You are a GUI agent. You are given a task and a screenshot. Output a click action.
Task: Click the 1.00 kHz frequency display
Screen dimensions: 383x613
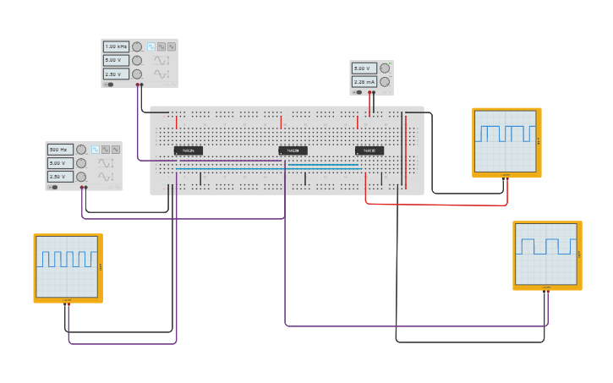[116, 47]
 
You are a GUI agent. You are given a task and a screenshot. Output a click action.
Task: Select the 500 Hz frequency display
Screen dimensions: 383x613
[60, 150]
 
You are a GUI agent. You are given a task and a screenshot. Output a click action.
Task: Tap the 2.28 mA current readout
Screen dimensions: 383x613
[364, 82]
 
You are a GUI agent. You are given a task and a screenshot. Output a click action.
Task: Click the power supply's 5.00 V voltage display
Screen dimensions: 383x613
[364, 68]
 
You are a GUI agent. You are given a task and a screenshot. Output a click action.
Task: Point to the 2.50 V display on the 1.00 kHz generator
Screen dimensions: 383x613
[116, 74]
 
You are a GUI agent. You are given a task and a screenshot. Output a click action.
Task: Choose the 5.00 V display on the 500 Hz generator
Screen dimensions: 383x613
[60, 163]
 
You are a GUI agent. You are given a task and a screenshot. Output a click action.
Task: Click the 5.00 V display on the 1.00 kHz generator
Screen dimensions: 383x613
[116, 60]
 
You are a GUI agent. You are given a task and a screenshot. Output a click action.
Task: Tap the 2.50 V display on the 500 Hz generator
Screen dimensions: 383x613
[60, 177]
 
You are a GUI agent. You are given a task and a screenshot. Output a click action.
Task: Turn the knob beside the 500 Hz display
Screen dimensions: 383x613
[81, 150]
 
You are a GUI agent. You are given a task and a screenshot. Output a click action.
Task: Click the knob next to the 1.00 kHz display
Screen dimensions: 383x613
[137, 47]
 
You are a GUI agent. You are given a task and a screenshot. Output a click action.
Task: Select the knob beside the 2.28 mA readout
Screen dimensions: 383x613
[385, 82]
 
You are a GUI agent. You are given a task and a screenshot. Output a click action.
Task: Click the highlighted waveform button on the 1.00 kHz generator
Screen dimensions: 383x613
[151, 47]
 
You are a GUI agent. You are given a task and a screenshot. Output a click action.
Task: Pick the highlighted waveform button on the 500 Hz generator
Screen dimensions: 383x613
[96, 150]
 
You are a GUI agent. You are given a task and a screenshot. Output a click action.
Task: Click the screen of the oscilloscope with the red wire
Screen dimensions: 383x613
[505, 140]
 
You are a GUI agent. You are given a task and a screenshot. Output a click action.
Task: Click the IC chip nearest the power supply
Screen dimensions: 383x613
[369, 150]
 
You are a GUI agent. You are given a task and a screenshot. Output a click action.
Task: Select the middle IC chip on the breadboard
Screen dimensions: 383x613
[293, 150]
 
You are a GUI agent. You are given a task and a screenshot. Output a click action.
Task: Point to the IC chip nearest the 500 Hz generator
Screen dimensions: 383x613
[189, 150]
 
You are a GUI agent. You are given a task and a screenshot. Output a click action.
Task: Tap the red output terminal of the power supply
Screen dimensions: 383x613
[372, 92]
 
